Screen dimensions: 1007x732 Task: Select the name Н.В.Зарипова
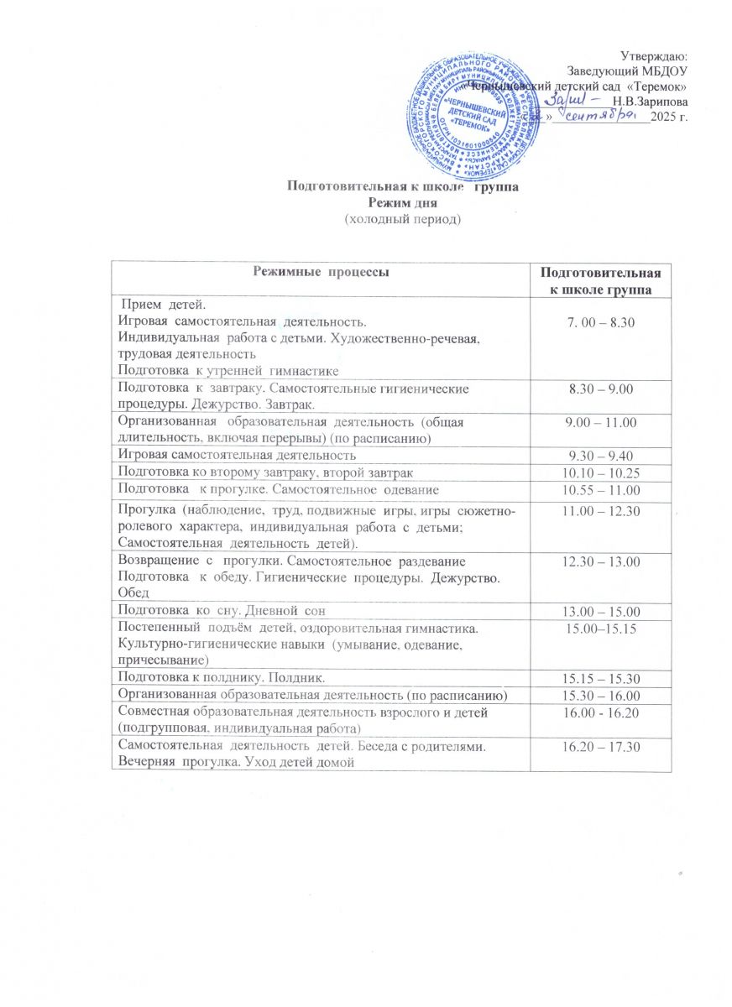[x=651, y=102]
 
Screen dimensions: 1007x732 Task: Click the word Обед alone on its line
[x=134, y=592]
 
